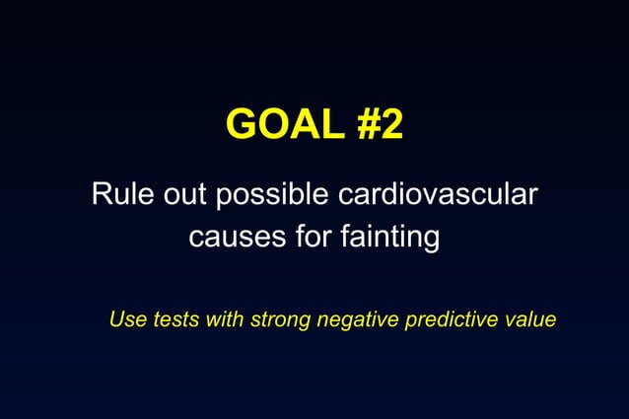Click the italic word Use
pyautogui.click(x=125, y=319)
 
